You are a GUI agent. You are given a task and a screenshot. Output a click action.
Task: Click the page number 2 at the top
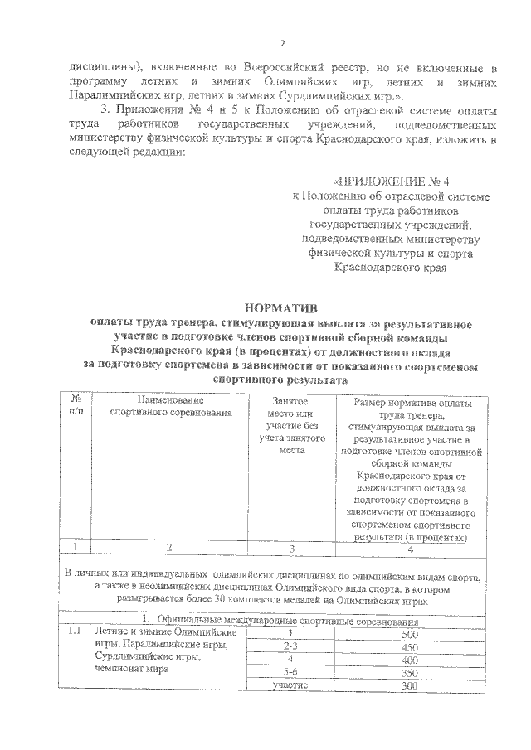282,44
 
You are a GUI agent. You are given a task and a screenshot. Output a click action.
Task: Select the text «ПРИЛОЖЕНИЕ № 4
391,181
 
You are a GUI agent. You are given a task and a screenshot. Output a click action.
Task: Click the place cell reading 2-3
290,646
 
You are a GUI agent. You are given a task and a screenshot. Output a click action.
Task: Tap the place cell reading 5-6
290,673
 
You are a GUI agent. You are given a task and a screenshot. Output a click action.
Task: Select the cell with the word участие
290,686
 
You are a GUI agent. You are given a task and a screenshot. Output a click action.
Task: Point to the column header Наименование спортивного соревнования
170,404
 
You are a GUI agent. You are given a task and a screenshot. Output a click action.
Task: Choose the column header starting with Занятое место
289,424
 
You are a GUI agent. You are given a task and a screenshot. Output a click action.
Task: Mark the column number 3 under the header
290,547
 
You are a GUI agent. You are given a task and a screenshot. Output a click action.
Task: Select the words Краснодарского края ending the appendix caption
391,268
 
